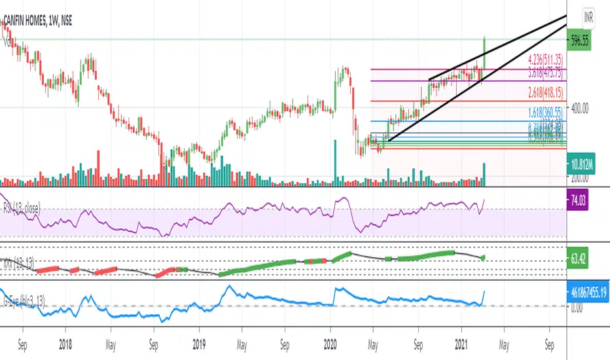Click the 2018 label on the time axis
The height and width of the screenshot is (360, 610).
[64, 342]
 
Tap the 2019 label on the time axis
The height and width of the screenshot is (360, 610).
[199, 342]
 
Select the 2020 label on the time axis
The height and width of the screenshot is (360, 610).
[331, 342]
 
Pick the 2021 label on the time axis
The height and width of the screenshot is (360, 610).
[462, 342]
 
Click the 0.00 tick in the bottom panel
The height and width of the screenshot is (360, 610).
[577, 306]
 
